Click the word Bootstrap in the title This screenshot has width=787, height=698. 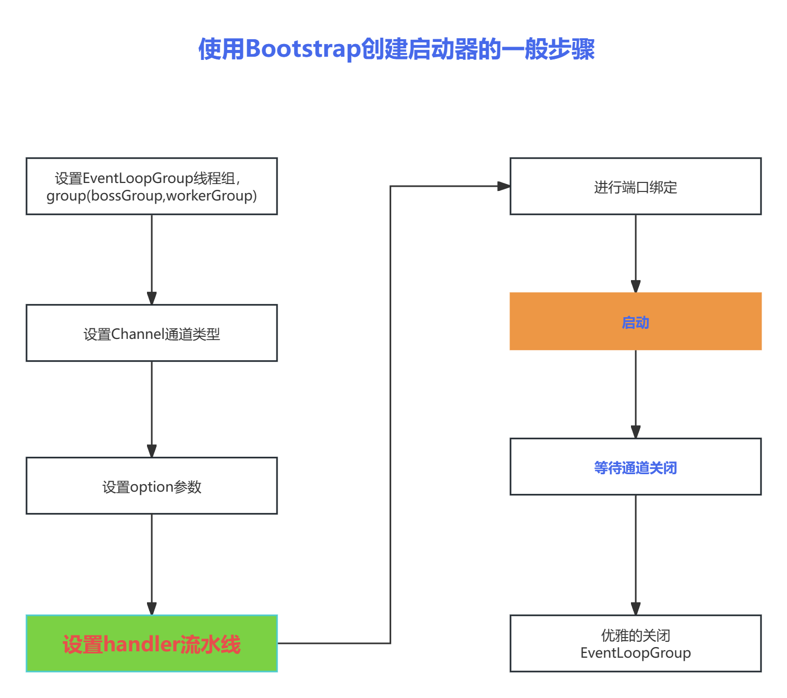coord(303,49)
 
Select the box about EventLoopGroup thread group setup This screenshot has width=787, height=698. coord(152,186)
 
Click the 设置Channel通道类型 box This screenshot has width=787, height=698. coord(152,333)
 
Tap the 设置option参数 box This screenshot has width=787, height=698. coord(152,486)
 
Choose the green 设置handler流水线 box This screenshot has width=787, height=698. coord(152,643)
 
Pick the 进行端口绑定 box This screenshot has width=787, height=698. coord(635,186)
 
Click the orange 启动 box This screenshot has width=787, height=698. coord(635,321)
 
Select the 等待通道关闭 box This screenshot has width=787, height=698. coord(635,467)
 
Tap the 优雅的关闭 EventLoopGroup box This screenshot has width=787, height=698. coord(635,643)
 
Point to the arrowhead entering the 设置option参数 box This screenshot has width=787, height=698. coord(152,451)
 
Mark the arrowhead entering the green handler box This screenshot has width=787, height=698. coord(152,608)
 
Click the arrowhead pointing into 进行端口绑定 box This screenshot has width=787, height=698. coord(503,186)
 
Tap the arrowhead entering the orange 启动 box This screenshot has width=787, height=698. coord(635,286)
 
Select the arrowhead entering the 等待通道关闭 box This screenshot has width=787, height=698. coord(635,432)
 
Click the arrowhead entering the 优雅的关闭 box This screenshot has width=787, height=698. coord(635,608)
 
